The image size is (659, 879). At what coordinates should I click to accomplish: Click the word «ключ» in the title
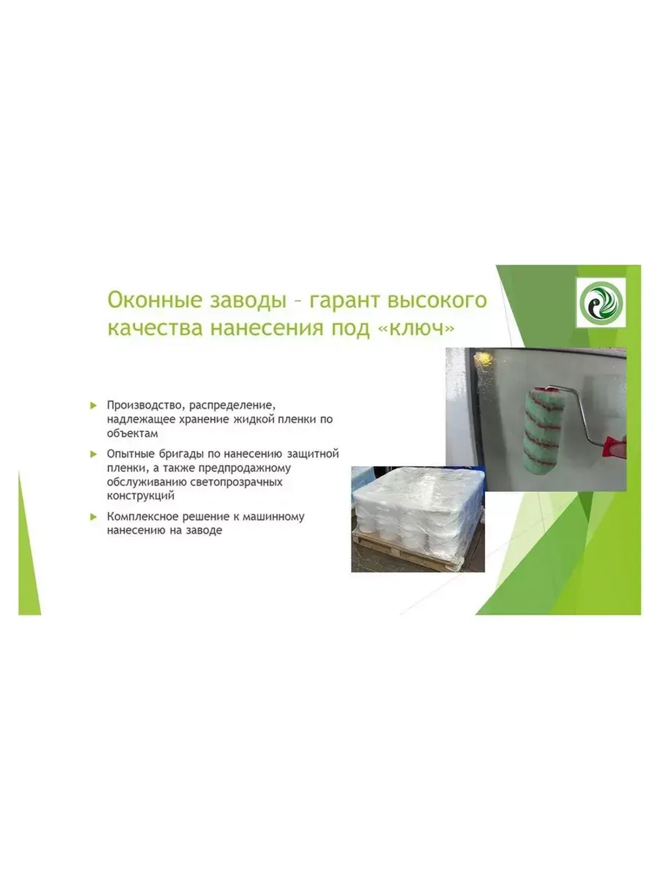(417, 328)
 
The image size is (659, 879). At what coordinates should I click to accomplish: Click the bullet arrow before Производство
(94, 405)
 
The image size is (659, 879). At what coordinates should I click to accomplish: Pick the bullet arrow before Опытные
(94, 454)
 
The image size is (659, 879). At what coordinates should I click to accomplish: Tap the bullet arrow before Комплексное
(94, 517)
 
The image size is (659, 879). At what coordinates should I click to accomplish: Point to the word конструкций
(141, 496)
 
